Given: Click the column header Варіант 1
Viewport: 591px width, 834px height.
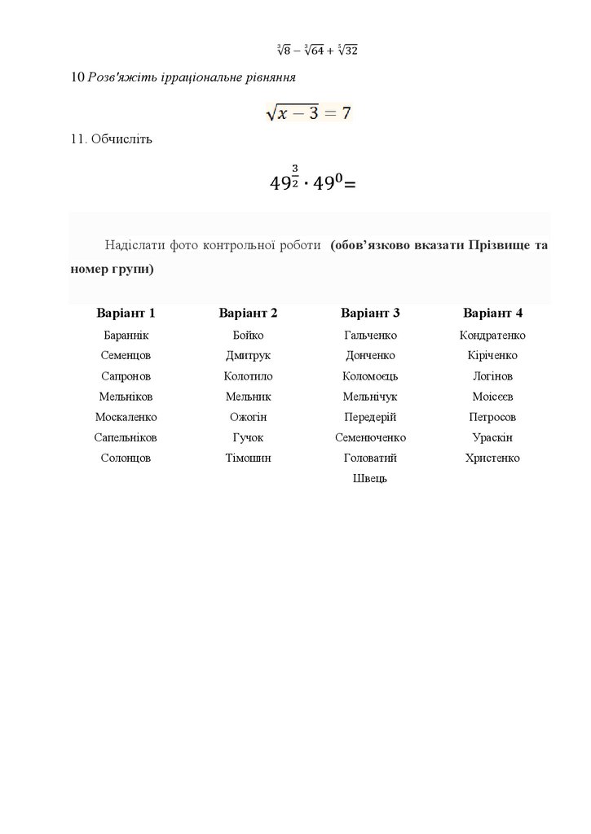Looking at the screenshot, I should pos(126,314).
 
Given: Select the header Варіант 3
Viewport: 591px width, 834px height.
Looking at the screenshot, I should pos(370,314).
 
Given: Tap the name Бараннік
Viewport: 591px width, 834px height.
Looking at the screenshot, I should pos(126,336).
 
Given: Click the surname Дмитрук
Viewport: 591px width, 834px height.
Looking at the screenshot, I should pos(248,356).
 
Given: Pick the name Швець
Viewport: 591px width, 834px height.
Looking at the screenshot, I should pos(370,478).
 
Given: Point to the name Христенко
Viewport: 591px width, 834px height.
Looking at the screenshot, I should pos(492,458).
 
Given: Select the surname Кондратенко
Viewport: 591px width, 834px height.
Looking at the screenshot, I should pos(492,336).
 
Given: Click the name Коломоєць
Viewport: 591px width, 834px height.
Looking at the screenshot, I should pos(370,376).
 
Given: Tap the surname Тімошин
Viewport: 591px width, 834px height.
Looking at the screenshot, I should pos(248,458).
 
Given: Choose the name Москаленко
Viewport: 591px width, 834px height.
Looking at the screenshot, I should pos(126,417).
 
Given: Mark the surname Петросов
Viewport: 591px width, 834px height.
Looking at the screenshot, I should pos(492,417).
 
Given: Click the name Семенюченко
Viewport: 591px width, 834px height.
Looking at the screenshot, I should pos(370,437).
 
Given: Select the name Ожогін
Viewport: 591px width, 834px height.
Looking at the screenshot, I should pos(248,417).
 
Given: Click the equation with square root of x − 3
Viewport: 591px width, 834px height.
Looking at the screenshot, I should pos(309,112).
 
